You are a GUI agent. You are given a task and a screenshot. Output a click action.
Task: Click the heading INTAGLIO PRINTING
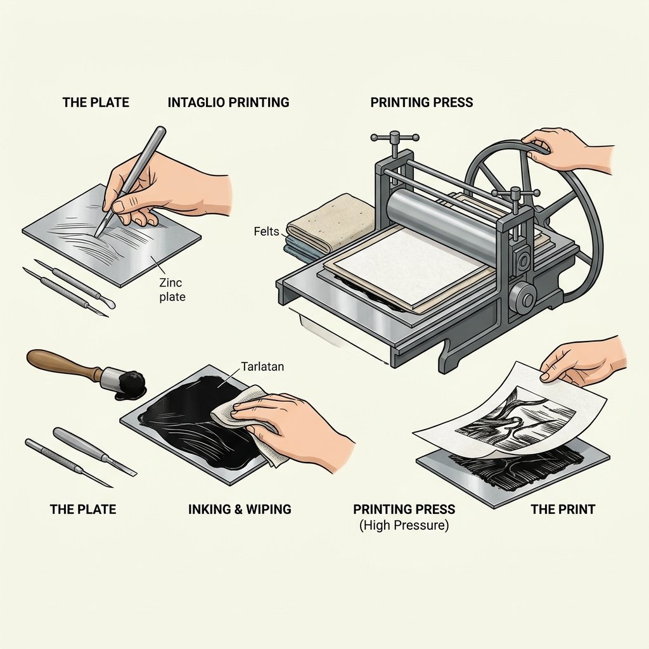point(228,102)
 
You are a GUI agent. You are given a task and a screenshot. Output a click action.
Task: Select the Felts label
point(267,231)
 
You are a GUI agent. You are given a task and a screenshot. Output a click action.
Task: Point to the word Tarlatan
point(262,366)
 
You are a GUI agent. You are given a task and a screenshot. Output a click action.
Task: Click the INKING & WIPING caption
point(240,509)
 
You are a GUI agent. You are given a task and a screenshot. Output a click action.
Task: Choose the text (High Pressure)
point(404,525)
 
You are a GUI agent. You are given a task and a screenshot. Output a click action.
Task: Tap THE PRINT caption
point(563,509)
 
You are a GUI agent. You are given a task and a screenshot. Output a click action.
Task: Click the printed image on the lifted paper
point(515,419)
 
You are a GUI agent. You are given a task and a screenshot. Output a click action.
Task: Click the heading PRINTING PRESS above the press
point(421,102)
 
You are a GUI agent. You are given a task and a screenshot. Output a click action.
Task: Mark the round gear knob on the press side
point(523,297)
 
